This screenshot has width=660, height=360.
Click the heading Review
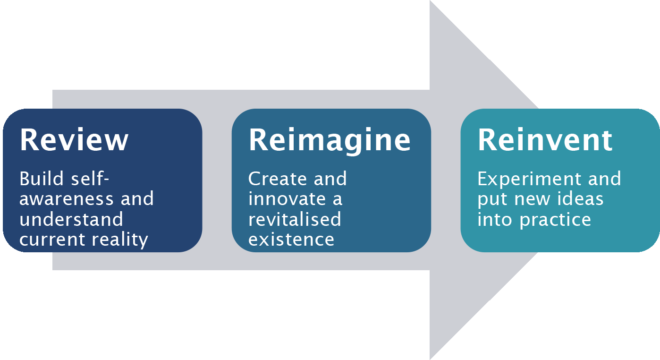tap(74, 139)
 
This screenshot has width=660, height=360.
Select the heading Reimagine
tap(330, 140)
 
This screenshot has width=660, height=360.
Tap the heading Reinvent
tap(545, 139)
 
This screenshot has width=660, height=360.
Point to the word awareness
tap(66, 199)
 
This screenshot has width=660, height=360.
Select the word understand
tap(71, 220)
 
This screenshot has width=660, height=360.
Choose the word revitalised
tap(295, 219)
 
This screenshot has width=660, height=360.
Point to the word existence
tap(291, 239)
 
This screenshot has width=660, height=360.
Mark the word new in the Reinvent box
tap(531, 199)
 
